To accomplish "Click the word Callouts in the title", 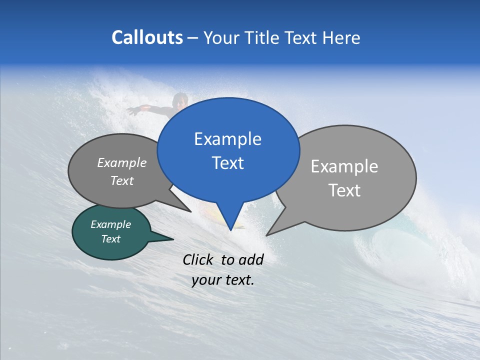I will point(147,37).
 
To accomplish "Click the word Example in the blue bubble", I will point(227,139).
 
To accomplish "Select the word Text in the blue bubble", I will point(227,163).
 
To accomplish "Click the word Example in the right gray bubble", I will point(344,166).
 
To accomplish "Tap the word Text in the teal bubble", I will point(111,239).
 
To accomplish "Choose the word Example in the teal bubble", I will point(111,224).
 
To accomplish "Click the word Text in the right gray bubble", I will point(344,190).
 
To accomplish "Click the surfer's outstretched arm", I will point(145,108).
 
